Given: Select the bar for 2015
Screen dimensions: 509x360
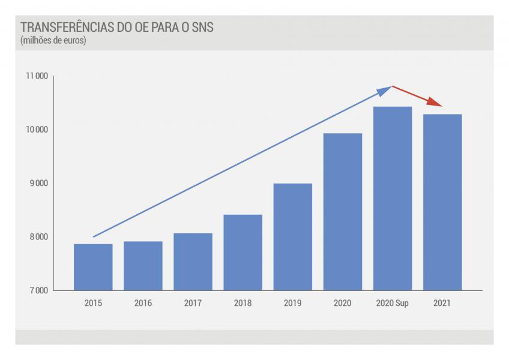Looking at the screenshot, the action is [x=93, y=267].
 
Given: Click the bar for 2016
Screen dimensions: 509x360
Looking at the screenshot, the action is [x=143, y=266].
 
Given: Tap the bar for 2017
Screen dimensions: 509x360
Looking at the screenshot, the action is [x=193, y=262].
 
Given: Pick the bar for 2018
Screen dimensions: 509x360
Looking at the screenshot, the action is [x=243, y=252].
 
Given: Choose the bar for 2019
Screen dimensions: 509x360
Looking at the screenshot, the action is [x=293, y=236].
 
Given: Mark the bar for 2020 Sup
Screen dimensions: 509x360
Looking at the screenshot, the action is [x=393, y=199].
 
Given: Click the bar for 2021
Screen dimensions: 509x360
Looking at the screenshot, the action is [x=442, y=202].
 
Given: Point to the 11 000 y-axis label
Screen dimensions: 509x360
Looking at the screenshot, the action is [x=37, y=76].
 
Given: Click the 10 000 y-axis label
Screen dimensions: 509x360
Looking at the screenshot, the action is [x=37, y=130].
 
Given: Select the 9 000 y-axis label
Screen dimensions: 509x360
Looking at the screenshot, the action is [x=39, y=183].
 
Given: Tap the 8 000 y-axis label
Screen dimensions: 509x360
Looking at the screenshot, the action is [x=39, y=237].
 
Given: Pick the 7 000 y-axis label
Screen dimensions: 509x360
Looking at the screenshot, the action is [x=39, y=290].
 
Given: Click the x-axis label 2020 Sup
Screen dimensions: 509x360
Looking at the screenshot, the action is [x=393, y=303].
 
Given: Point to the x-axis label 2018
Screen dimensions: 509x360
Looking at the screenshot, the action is [x=243, y=303].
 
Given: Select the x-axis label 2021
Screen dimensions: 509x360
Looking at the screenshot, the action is [x=442, y=303].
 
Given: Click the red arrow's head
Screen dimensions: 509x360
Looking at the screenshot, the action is [x=435, y=102].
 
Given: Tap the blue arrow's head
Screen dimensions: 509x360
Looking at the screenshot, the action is [x=385, y=91].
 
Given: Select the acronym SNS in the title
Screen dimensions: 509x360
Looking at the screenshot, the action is [x=202, y=27].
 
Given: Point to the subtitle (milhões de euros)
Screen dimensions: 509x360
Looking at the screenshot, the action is [x=53, y=41].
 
